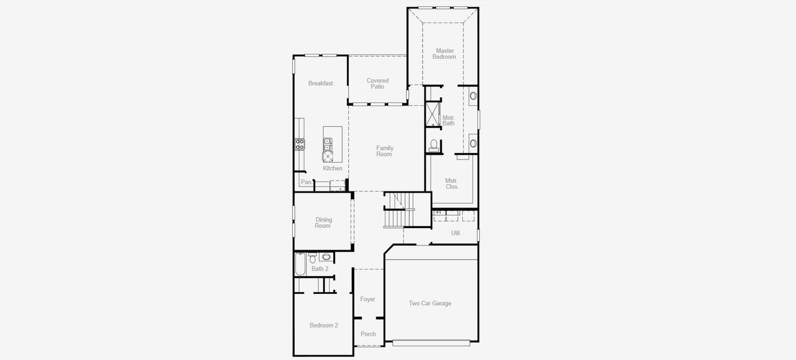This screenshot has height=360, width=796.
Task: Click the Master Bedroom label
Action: pyautogui.click(x=445, y=54)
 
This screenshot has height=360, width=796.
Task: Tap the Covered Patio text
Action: pyautogui.click(x=378, y=83)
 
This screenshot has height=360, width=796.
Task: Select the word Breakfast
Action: pyautogui.click(x=321, y=83)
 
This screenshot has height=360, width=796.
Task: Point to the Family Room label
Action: pyautogui.click(x=384, y=151)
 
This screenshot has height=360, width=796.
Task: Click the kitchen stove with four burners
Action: pyautogui.click(x=300, y=144)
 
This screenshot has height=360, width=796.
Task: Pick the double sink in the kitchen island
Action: pyautogui.click(x=328, y=144)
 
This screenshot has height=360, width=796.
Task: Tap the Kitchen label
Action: pyautogui.click(x=333, y=169)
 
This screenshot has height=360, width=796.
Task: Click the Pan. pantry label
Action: pyautogui.click(x=306, y=182)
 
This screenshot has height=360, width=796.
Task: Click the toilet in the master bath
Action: pyautogui.click(x=434, y=145)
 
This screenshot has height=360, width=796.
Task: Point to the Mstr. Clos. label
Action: pyautogui.click(x=452, y=184)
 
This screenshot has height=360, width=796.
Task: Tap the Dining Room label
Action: pyautogui.click(x=323, y=223)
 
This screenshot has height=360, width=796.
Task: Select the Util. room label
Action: pyautogui.click(x=456, y=233)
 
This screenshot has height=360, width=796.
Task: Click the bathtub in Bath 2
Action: pyautogui.click(x=300, y=264)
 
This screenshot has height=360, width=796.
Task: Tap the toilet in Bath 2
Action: pyautogui.click(x=312, y=259)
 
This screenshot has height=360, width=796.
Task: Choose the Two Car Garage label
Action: pyautogui.click(x=430, y=304)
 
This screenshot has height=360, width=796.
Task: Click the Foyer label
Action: pyautogui.click(x=367, y=299)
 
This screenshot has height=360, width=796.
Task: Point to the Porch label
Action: pyautogui.click(x=368, y=334)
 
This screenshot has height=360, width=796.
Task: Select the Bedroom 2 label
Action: pyautogui.click(x=324, y=325)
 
